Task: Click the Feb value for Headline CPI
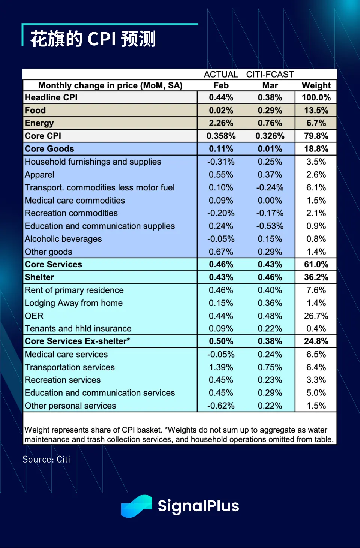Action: pyautogui.click(x=221, y=97)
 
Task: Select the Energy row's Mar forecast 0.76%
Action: pyautogui.click(x=270, y=123)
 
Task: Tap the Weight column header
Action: pyautogui.click(x=316, y=85)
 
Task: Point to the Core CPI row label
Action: pyautogui.click(x=43, y=136)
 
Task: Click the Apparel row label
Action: pyautogui.click(x=39, y=175)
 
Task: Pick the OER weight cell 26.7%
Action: pyautogui.click(x=316, y=316)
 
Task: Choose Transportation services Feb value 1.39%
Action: pyautogui.click(x=221, y=367)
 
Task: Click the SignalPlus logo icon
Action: pyautogui.click(x=136, y=506)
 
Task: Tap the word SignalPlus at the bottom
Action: pyautogui.click(x=198, y=506)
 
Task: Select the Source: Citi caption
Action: pyautogui.click(x=46, y=459)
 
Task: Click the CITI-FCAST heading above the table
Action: pyautogui.click(x=270, y=74)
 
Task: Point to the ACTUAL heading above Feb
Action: pyautogui.click(x=221, y=74)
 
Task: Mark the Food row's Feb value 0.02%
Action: pyautogui.click(x=221, y=111)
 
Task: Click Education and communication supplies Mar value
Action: pyautogui.click(x=270, y=226)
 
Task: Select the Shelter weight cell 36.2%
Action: pyautogui.click(x=316, y=277)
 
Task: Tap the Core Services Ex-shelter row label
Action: pyautogui.click(x=77, y=341)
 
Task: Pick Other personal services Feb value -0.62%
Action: pyautogui.click(x=221, y=406)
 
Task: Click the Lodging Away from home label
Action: pyautogui.click(x=73, y=303)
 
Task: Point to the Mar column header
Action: pyautogui.click(x=270, y=85)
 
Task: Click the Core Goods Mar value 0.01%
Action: pyautogui.click(x=270, y=149)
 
